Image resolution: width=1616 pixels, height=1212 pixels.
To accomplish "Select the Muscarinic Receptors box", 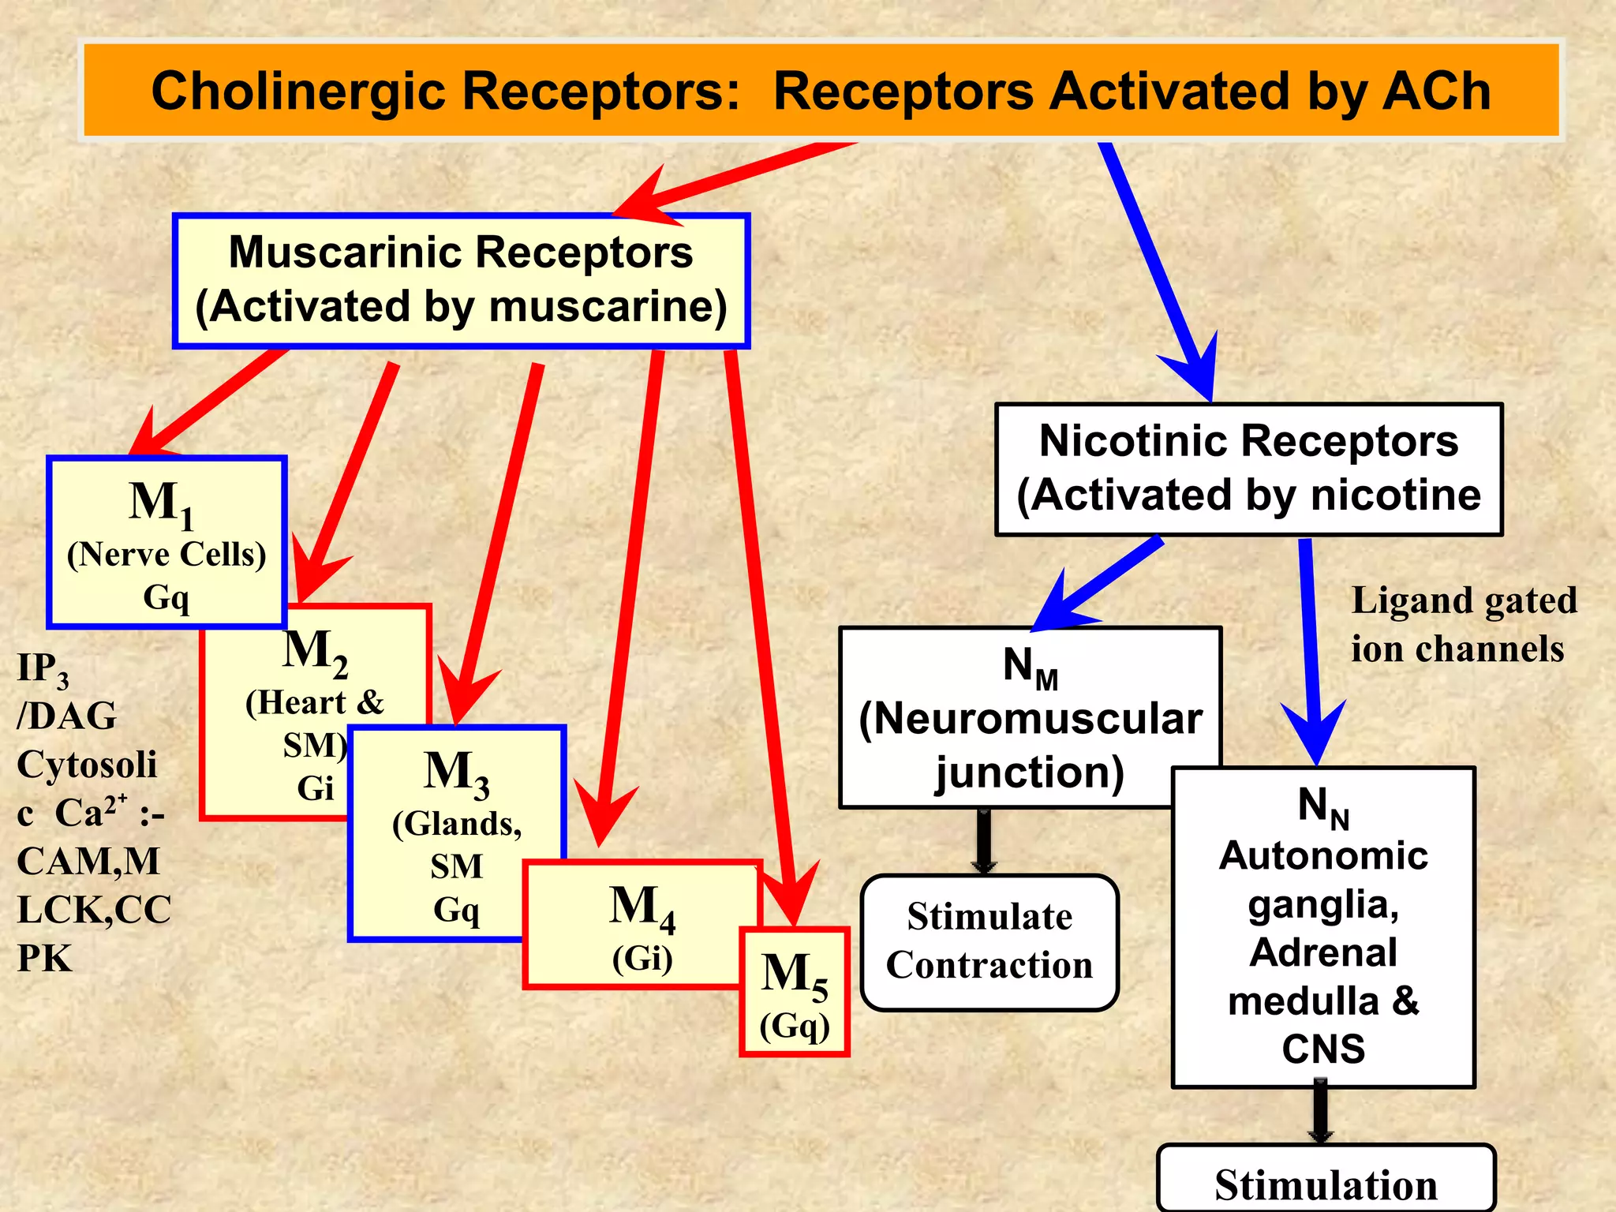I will point(461,279).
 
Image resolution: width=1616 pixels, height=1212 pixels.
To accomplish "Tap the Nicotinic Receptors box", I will point(1248,469).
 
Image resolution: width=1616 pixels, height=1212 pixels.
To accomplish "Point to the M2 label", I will point(315,652).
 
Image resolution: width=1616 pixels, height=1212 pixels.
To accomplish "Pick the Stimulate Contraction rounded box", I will point(989,942).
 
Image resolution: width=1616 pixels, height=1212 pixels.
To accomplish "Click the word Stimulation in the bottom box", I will point(1326,1185).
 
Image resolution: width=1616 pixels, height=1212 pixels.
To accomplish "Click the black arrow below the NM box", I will point(984,841).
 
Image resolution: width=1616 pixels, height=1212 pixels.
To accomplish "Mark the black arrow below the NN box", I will point(1320,1113).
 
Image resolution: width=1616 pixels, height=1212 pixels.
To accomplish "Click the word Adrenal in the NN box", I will point(1323,952).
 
